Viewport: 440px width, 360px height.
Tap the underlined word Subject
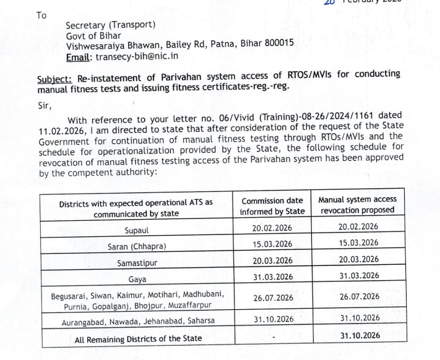pos(53,80)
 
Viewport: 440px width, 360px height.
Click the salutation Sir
pos(44,105)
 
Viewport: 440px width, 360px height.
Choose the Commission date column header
pos(272,206)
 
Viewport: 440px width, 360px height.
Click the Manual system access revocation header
pos(357,205)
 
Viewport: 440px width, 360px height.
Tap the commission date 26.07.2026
pos(273,298)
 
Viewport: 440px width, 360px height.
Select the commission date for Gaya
pos(273,277)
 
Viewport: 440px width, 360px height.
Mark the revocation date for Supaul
pos(358,227)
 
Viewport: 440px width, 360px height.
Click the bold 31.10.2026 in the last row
pos(360,336)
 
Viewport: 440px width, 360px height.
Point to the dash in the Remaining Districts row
pos(272,338)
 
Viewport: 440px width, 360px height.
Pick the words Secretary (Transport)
pos(111,25)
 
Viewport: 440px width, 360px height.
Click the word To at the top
pos(41,14)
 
